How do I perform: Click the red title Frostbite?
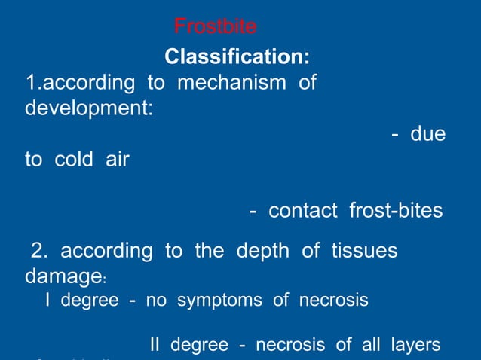point(215,27)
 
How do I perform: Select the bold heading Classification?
point(236,56)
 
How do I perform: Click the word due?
point(427,134)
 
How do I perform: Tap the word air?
point(116,160)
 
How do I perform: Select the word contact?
point(303,211)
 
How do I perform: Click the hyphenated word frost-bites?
point(396,211)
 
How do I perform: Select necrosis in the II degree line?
point(292,346)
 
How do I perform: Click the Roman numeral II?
point(156,346)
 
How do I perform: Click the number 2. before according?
point(38,251)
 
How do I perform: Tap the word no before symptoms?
point(156,301)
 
